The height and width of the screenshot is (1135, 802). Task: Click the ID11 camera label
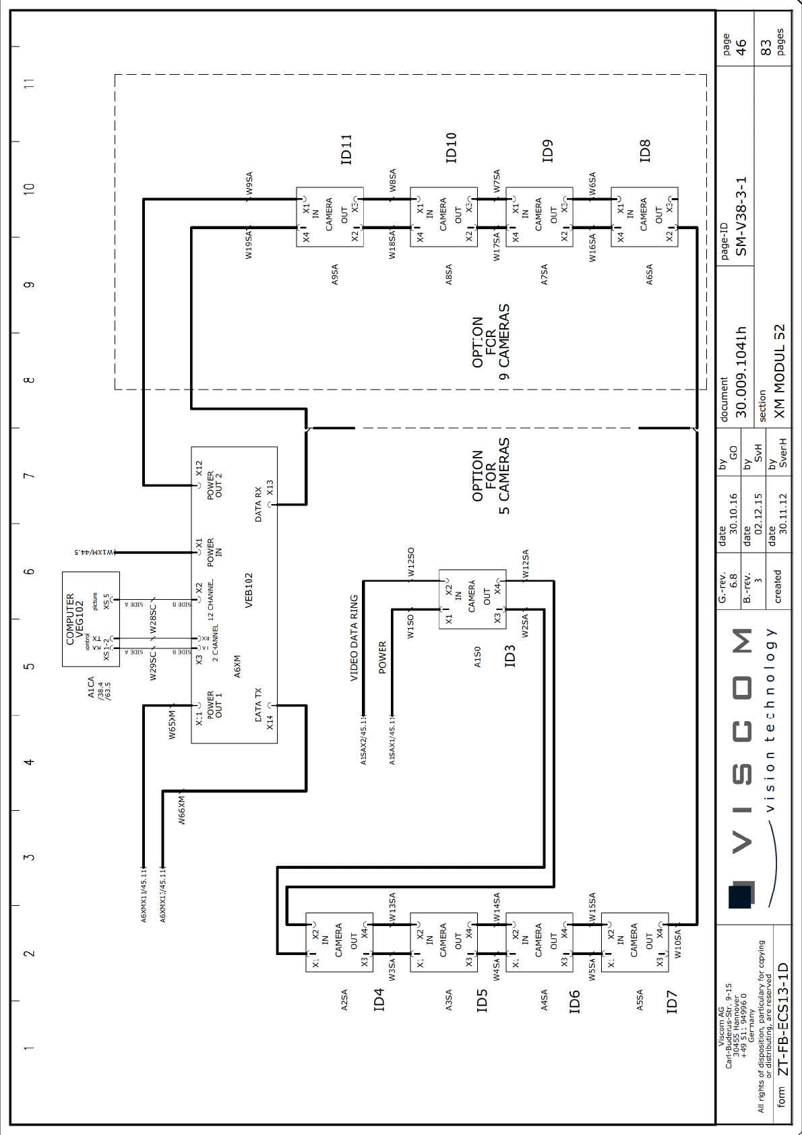tap(346, 149)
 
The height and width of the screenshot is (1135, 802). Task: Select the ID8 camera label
tap(645, 151)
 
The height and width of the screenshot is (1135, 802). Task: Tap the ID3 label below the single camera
tap(510, 656)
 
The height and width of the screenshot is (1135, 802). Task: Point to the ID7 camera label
tap(671, 1002)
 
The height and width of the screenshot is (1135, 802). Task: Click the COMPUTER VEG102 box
tap(90, 619)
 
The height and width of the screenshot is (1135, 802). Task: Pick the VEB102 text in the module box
tap(249, 590)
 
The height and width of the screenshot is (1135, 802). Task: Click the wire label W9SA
tap(249, 183)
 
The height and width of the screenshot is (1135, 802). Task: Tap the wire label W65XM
tap(172, 724)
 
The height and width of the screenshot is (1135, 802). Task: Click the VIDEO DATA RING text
tap(354, 638)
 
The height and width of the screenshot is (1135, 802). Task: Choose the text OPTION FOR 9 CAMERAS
tap(490, 342)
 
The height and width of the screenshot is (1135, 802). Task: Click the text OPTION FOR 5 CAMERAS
tap(490, 476)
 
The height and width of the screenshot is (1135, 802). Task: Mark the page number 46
tap(741, 47)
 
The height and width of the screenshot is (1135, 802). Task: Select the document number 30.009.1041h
tap(741, 372)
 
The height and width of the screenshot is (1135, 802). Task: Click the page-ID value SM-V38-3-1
tap(741, 217)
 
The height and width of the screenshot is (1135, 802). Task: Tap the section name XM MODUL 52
tap(779, 371)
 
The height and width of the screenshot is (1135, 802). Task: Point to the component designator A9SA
tap(335, 274)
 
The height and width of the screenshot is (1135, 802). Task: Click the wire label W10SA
tap(678, 944)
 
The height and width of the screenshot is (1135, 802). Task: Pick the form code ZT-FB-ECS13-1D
tap(782, 1018)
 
